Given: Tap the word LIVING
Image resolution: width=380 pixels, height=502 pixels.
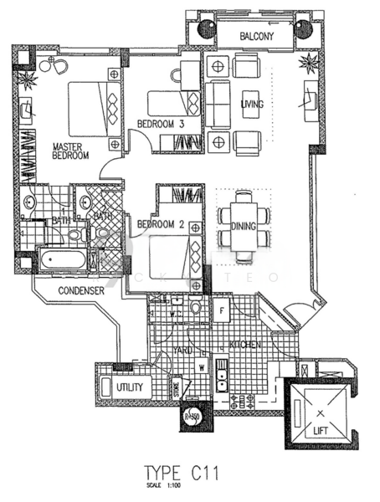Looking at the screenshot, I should pyautogui.click(x=253, y=105).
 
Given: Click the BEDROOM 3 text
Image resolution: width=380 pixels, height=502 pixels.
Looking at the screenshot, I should pyautogui.click(x=161, y=125).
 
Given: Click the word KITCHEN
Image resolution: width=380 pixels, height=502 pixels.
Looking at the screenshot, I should pyautogui.click(x=245, y=345).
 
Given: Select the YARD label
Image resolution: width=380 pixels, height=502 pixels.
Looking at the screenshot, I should pyautogui.click(x=183, y=351).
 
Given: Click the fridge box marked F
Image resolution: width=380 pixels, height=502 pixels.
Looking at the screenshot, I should pyautogui.click(x=221, y=311).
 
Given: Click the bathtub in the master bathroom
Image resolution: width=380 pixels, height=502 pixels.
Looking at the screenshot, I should pyautogui.click(x=64, y=261).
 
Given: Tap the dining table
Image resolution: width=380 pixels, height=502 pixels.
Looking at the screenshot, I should pyautogui.click(x=244, y=224).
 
